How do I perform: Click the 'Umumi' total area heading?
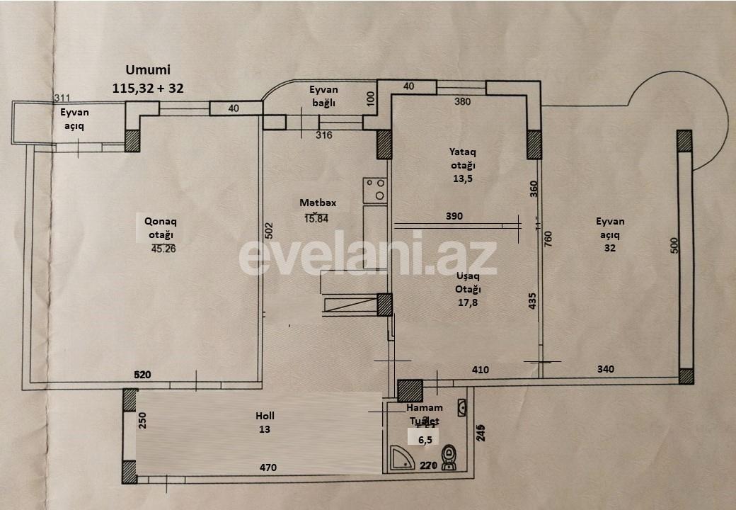click(148, 69)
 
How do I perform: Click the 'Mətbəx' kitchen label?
click(318, 203)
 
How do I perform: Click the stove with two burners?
click(375, 190)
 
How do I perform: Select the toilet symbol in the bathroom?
click(449, 457)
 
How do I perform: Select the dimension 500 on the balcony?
click(674, 246)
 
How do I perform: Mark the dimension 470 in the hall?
click(268, 467)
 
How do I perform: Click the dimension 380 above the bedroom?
click(461, 101)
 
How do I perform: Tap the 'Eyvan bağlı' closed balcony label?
click(323, 96)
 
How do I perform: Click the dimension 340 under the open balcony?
click(605, 369)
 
